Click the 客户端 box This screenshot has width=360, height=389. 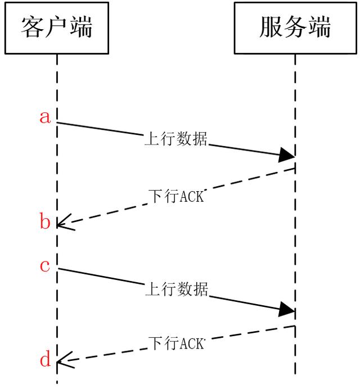click(57, 27)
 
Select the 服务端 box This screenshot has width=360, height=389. click(295, 27)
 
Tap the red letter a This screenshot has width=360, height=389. click(46, 117)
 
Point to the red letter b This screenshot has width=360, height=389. click(46, 223)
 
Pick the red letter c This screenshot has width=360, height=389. click(46, 265)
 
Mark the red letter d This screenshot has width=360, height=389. click(46, 359)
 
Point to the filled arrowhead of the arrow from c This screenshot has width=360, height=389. click(287, 309)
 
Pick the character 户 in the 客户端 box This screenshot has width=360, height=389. click(57, 27)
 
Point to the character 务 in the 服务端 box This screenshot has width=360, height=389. click(295, 27)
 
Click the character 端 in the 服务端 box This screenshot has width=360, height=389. click(319, 27)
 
